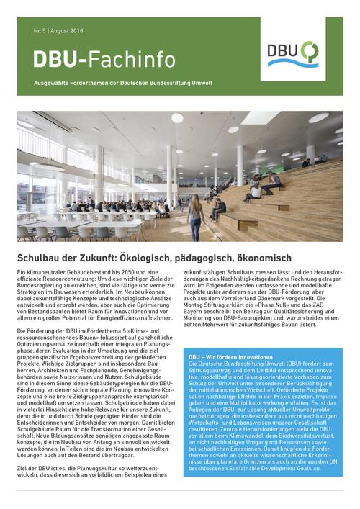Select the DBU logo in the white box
tap(292, 54)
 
